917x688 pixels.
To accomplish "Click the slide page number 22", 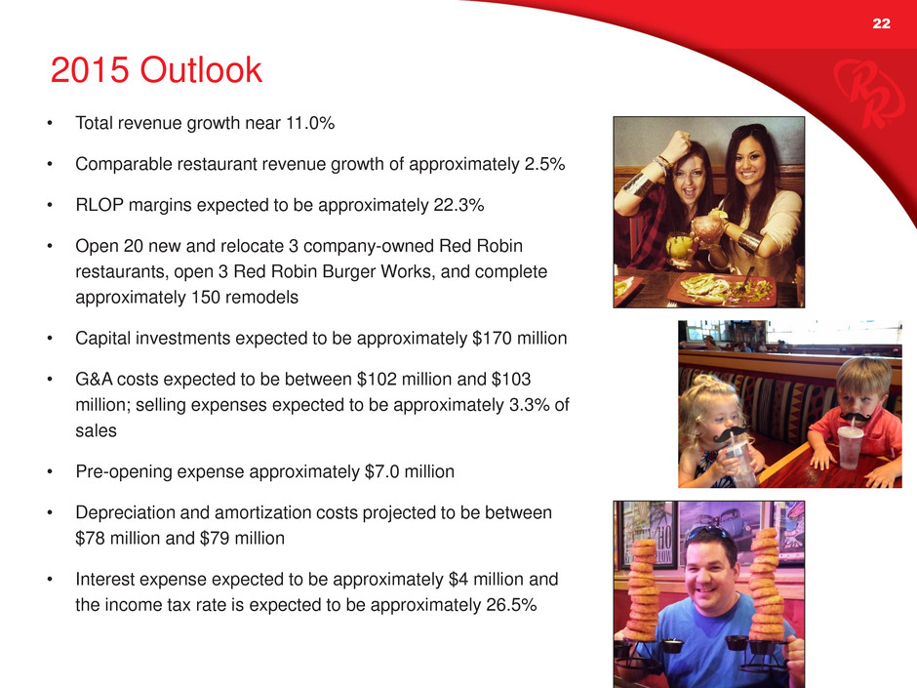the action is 881,23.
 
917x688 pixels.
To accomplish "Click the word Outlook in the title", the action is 201,70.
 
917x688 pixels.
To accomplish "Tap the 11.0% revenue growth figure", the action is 310,123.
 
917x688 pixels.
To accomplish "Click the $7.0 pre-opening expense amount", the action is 381,471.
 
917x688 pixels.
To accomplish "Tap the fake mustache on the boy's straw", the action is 855,416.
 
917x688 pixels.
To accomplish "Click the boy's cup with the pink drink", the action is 850,448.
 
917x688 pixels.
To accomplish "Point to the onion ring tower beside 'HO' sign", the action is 643,589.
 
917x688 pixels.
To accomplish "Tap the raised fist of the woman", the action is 677,143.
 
